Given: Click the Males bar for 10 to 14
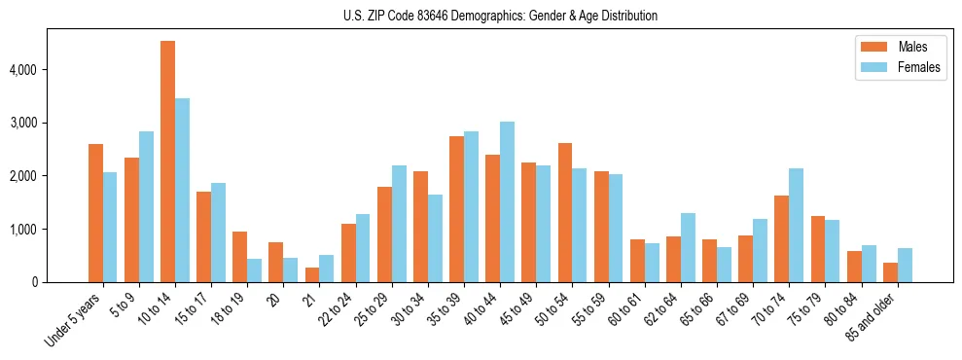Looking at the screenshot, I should (167, 162).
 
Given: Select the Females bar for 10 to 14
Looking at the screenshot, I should (182, 191).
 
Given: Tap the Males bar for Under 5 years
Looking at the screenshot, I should (95, 213).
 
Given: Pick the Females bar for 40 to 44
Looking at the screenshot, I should (507, 202).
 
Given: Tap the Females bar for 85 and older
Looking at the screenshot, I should (905, 266).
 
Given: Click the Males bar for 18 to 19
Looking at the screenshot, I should (239, 257).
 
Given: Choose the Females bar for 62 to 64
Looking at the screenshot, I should (688, 248).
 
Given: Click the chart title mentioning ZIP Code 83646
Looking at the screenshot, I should (500, 16).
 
